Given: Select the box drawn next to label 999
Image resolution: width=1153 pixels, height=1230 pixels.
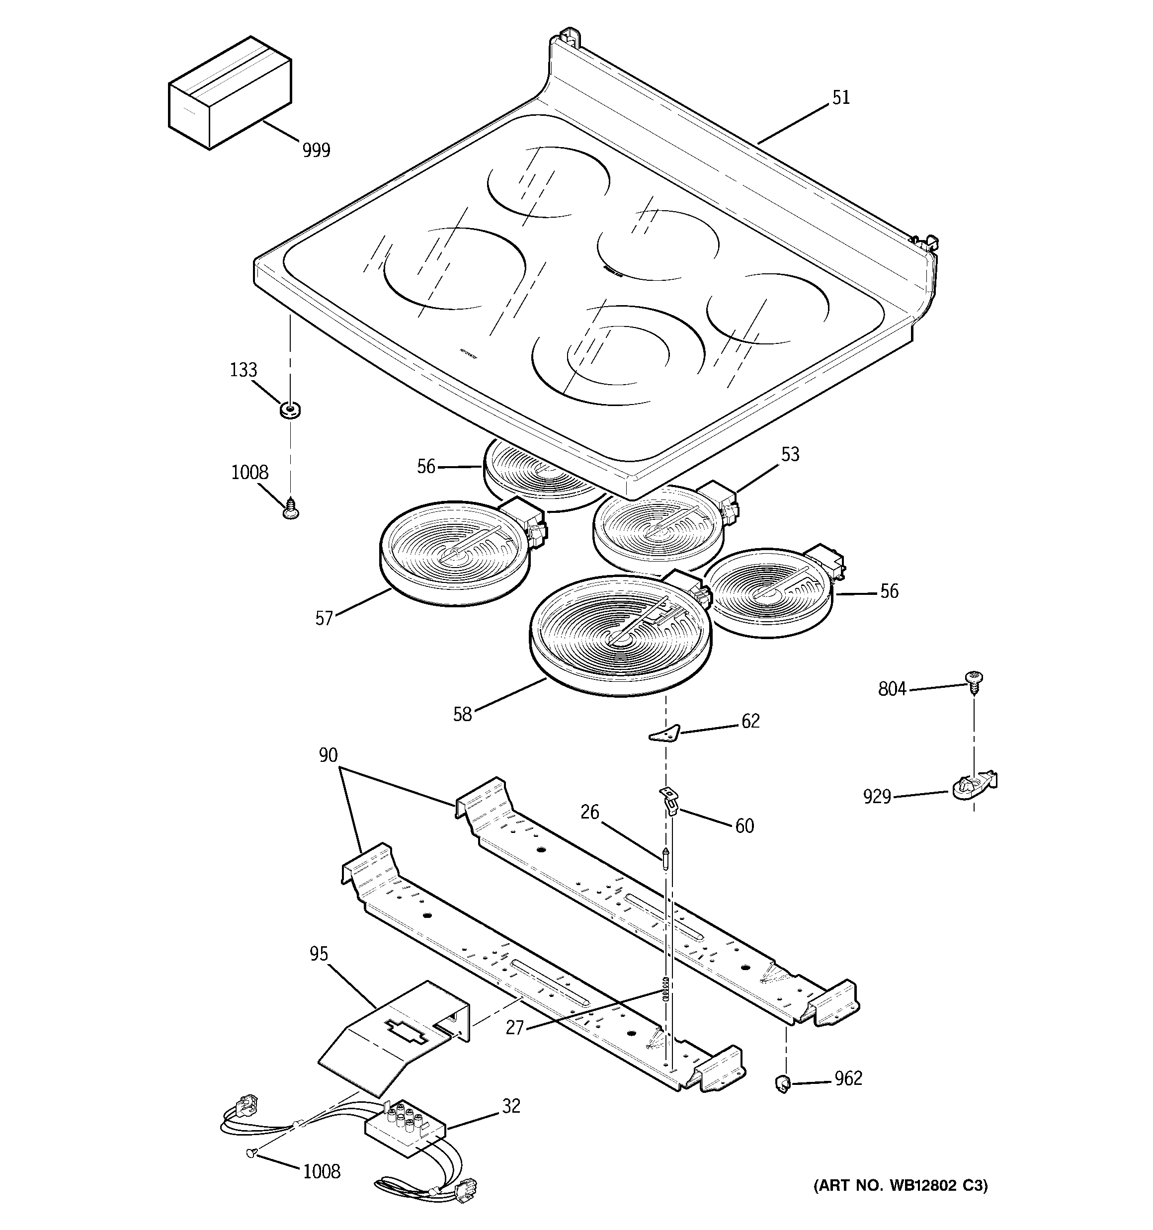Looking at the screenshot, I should click(230, 92).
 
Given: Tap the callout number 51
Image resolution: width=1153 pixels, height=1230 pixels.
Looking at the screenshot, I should click(840, 98).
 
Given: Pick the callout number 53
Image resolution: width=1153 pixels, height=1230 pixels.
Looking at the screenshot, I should click(790, 455).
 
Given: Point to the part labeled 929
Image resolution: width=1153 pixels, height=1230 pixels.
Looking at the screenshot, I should click(972, 788).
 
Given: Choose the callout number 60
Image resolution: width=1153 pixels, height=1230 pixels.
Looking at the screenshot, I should click(744, 826).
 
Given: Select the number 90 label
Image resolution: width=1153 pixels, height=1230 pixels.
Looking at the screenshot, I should click(328, 755).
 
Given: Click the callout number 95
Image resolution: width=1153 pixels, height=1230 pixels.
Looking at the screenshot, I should click(319, 955).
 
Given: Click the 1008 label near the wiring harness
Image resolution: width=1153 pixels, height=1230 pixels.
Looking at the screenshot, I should click(321, 1172).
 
